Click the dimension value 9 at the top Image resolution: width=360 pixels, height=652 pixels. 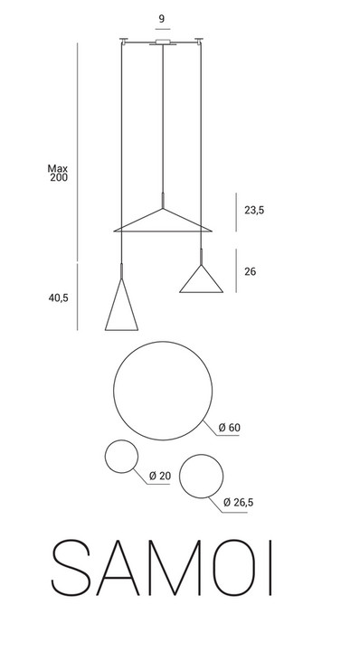162,19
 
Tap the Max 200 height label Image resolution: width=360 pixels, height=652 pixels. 58,174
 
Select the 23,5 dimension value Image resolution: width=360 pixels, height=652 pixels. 254,211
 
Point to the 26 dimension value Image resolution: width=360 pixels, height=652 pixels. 251,272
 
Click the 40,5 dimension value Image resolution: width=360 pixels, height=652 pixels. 58,298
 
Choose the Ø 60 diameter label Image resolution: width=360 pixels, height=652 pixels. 230,428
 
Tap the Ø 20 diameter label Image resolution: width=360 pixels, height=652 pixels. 160,476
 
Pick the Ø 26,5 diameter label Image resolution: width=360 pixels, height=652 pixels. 238,503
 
